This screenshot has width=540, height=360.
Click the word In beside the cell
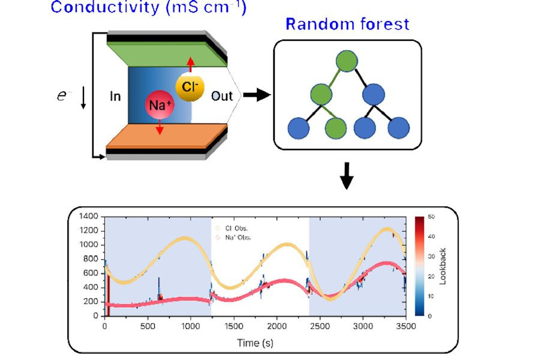116,96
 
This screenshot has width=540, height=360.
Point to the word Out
221,96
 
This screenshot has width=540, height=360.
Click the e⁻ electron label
64,95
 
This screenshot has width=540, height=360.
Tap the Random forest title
347,25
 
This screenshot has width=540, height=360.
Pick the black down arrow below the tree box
347,176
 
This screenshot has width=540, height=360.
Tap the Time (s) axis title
255,343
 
